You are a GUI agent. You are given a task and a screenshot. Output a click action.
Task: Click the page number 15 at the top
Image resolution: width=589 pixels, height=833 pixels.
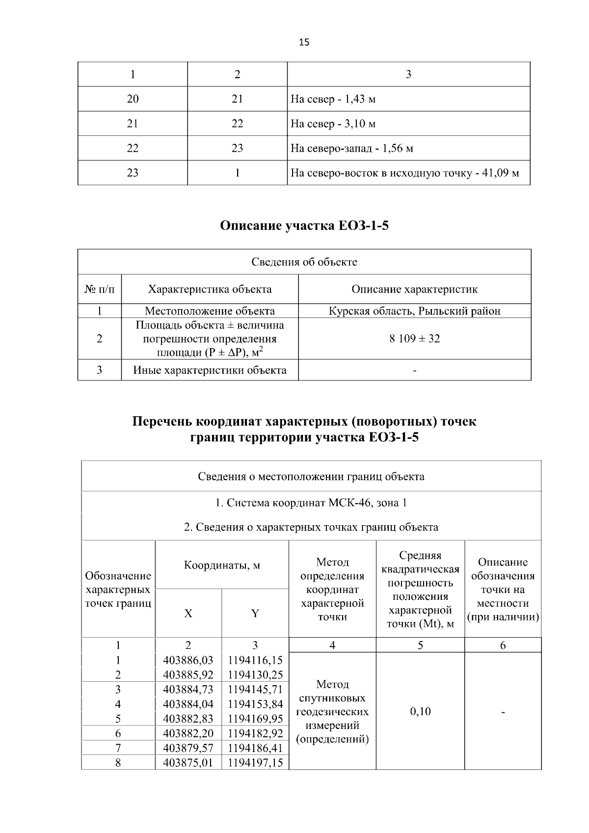pos(304,42)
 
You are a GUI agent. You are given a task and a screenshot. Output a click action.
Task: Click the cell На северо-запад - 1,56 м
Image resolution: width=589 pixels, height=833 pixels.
pos(351,148)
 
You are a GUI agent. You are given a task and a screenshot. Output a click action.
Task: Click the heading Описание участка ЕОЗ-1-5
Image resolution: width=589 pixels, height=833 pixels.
pos(304,226)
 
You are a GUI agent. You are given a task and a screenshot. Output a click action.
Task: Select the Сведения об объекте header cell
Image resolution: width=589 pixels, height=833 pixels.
pos(304,262)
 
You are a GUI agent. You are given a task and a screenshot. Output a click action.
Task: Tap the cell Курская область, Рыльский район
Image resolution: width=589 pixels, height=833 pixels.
pos(414,311)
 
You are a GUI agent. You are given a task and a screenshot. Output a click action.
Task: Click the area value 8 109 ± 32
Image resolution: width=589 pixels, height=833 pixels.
pos(414,339)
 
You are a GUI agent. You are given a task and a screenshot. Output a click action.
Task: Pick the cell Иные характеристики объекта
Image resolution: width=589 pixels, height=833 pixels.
pos(210,370)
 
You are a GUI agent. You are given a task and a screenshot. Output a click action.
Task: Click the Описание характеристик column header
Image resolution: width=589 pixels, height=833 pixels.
pos(414,289)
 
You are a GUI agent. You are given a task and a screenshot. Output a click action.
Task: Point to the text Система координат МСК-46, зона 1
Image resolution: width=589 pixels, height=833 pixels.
pos(311,503)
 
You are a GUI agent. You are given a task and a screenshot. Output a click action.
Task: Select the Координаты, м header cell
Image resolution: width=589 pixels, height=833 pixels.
pos(222,565)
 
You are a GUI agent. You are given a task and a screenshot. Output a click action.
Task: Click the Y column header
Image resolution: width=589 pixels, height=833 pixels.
pos(255,614)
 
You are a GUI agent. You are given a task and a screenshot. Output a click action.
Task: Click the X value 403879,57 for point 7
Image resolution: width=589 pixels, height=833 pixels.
pos(188,748)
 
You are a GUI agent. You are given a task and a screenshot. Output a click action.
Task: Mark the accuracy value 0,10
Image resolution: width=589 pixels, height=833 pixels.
pos(420,711)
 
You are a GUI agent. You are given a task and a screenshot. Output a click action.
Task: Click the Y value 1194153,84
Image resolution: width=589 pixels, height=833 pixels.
pos(255,704)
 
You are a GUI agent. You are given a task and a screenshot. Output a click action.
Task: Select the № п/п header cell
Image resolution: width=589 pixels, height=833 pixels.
pos(100,289)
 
